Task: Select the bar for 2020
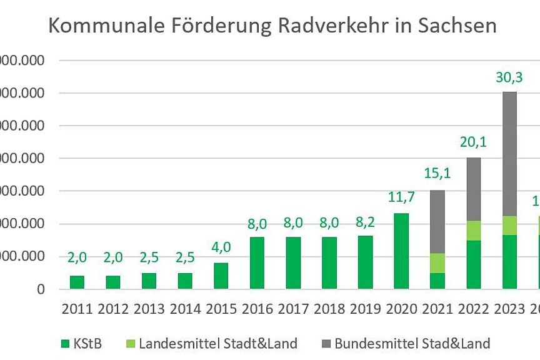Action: pos(401,251)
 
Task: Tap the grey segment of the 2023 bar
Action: pos(509,154)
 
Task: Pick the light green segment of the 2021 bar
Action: pos(437,262)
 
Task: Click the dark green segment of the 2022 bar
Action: pos(473,264)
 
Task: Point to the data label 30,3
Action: pos(509,79)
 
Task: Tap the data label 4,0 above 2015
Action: pos(221,247)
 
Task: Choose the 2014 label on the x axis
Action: pos(185,308)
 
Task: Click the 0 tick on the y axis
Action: pos(40,289)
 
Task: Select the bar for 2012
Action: pos(113,282)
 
